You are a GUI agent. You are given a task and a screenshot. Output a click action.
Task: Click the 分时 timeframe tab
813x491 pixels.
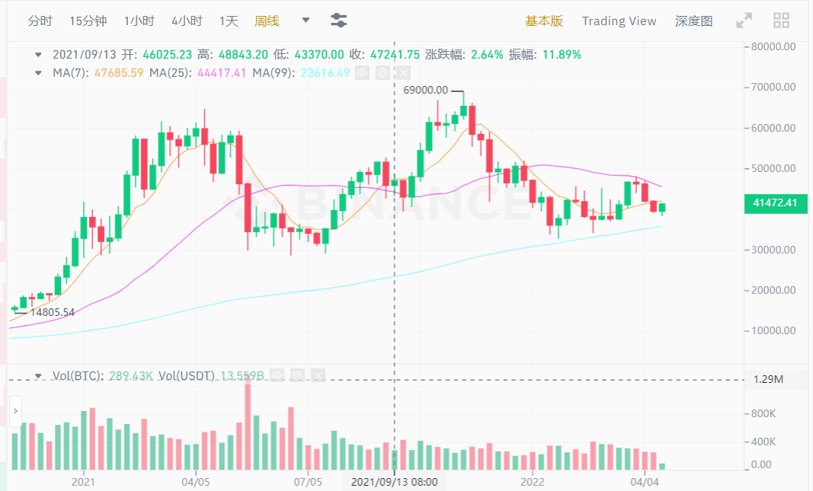click(40, 21)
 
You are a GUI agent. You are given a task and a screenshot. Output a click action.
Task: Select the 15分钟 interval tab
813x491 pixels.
click(88, 21)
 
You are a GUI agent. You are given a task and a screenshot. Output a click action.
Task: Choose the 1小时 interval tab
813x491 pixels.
click(139, 21)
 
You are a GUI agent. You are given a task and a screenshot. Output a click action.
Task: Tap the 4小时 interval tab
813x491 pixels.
click(187, 21)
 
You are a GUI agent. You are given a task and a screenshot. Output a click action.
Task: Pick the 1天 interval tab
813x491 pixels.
click(229, 21)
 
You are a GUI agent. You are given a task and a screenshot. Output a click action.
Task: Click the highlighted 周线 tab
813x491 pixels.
click(267, 21)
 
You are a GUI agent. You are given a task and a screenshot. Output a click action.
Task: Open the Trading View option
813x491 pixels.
click(619, 21)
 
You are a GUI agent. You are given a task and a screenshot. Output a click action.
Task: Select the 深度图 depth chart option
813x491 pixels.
click(693, 21)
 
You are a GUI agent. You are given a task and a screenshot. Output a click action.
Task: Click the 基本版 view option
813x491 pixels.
click(544, 21)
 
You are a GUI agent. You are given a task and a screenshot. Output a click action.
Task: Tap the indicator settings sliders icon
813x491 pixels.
click(339, 21)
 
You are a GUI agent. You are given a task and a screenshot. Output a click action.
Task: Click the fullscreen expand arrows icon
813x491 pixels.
click(744, 21)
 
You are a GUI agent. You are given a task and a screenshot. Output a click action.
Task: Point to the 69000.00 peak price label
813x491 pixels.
click(425, 90)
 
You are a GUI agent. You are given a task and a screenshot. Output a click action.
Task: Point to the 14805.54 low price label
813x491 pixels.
click(52, 311)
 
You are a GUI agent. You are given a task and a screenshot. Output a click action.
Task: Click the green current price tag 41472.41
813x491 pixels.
click(775, 202)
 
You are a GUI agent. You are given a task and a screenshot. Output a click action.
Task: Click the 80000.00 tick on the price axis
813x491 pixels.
click(773, 46)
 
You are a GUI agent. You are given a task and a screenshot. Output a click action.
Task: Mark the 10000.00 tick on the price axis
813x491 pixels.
click(773, 331)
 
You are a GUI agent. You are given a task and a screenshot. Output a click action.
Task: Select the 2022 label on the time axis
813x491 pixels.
click(532, 481)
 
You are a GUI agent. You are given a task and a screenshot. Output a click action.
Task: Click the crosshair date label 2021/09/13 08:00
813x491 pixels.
click(394, 481)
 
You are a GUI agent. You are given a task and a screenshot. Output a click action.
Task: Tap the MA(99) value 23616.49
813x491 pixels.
click(325, 73)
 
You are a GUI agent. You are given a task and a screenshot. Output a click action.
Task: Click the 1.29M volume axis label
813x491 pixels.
click(768, 379)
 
